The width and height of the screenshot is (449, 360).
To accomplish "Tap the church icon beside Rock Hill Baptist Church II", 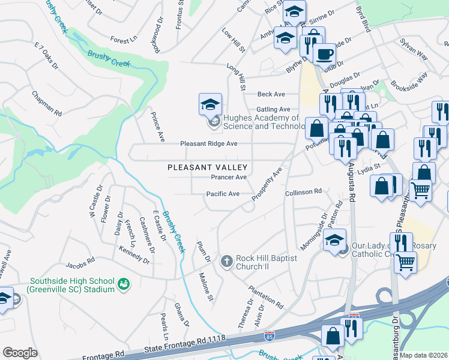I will pos(227,261).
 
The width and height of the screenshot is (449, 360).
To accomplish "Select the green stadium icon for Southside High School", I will pos(124,283).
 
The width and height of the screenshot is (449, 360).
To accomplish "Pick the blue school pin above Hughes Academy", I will pos(211,104).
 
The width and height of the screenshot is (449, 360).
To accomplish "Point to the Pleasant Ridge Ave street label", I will pos(209,144).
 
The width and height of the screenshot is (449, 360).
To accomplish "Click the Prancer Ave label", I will pos(229,178).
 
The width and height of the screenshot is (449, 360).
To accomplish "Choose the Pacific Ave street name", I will pos(223,194).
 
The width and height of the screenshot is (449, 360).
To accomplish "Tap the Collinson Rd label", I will pos(303,191).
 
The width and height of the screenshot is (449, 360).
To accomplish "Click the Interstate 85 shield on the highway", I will pos(271,334).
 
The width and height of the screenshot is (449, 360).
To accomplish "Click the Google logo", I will pos(20,353).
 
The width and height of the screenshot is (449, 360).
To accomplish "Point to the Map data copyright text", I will pos(424,355).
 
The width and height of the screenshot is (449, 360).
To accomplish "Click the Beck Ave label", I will pos(271,94).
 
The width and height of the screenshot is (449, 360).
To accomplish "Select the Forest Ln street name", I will pos(124,40).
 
